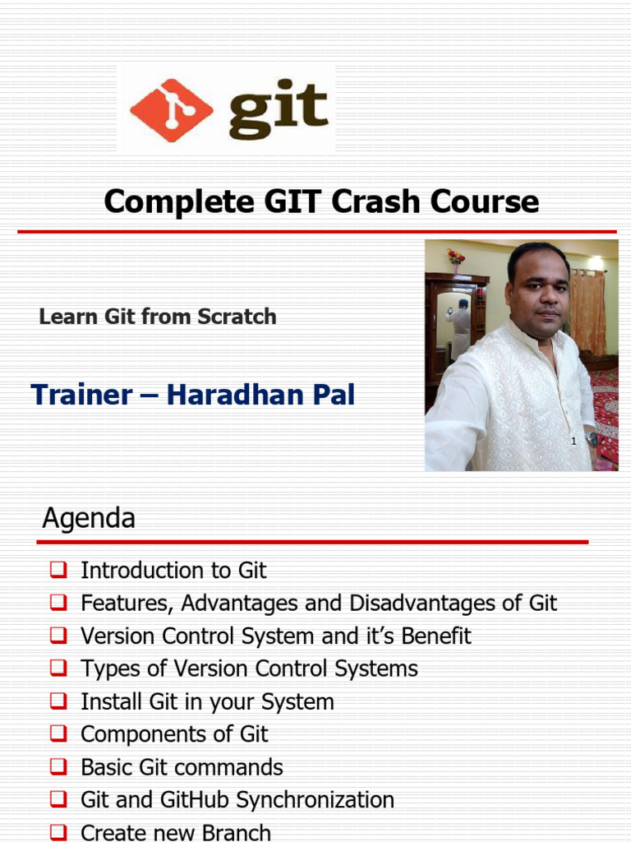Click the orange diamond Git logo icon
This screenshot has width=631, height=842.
(171, 110)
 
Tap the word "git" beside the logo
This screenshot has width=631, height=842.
(279, 109)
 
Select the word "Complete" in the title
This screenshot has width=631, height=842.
(179, 202)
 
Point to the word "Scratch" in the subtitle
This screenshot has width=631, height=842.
(237, 317)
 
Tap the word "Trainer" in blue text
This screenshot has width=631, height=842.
(81, 394)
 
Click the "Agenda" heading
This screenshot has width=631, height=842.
(89, 518)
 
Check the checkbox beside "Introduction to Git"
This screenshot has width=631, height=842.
(58, 569)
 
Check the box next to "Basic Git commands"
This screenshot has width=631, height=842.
(58, 766)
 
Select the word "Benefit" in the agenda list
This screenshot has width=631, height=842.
(436, 636)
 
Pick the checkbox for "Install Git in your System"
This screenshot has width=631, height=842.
(58, 701)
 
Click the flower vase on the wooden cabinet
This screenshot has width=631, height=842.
(455, 260)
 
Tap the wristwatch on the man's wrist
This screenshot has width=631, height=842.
(592, 440)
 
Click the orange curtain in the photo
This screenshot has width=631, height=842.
(587, 312)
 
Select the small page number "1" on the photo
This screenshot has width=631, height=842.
(573, 441)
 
